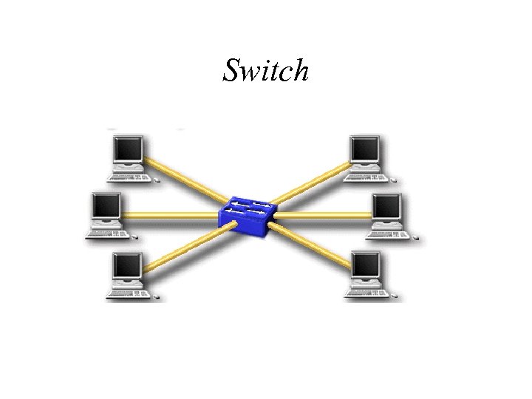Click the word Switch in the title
(x=265, y=70)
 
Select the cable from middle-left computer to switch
(x=170, y=216)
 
